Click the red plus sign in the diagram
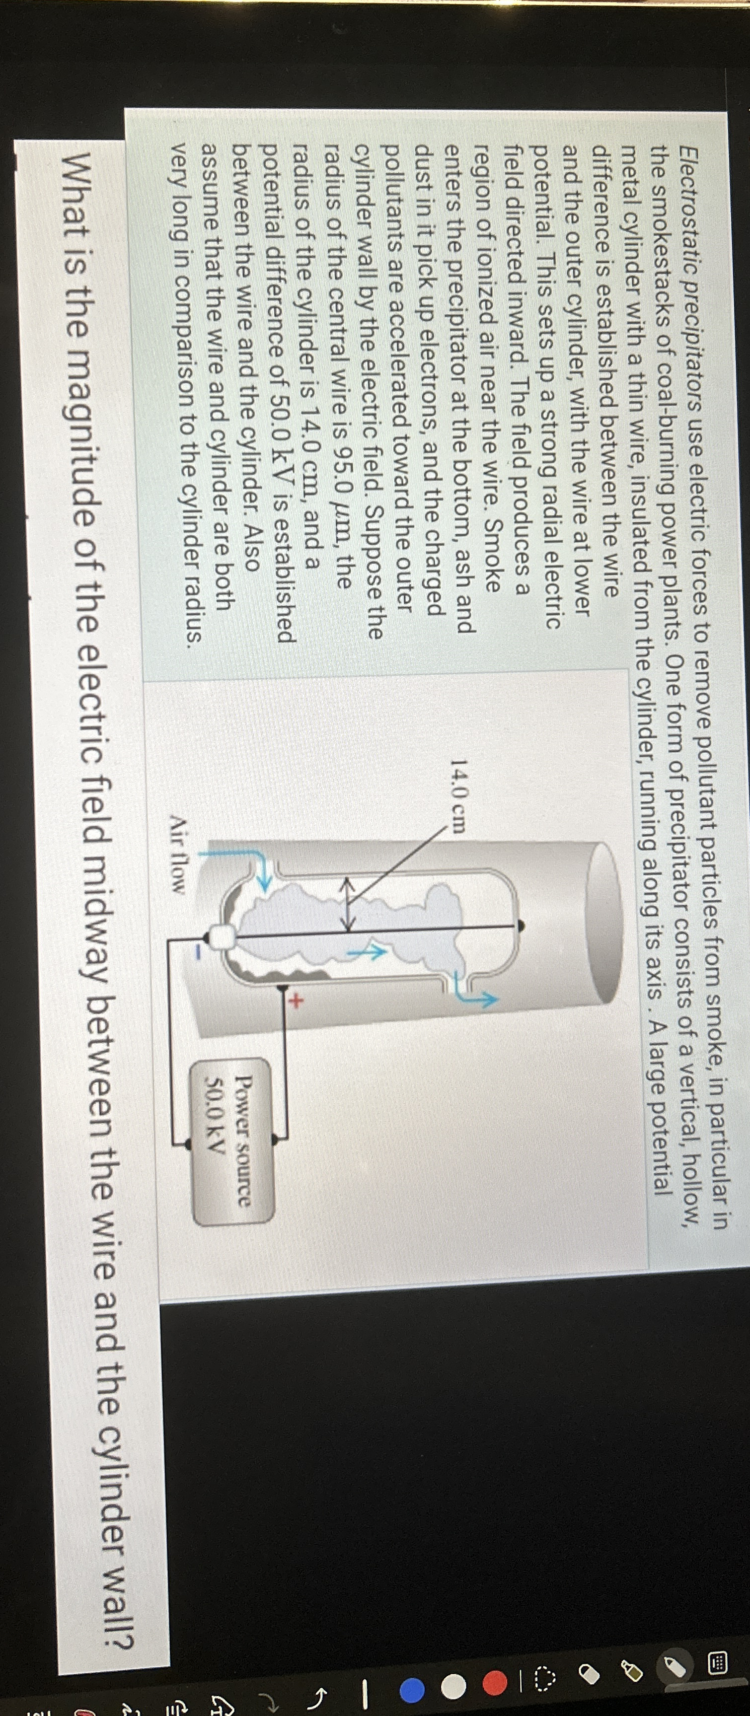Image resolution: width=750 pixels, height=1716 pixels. (x=295, y=999)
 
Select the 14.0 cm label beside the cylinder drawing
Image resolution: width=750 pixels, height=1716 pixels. (x=459, y=797)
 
